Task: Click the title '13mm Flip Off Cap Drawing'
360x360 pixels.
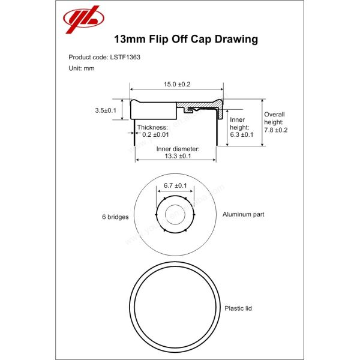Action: (x=185, y=40)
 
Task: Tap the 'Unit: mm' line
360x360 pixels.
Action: (x=82, y=68)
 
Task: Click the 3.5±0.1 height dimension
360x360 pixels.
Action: (x=106, y=110)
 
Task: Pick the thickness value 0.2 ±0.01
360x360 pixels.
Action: (x=155, y=135)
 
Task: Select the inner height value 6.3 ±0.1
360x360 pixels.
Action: (x=242, y=135)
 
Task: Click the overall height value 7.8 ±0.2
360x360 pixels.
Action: (x=276, y=130)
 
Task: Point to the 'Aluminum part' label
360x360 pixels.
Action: (x=243, y=214)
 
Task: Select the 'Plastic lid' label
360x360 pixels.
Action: (x=238, y=308)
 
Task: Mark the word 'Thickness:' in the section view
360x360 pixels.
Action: (x=152, y=127)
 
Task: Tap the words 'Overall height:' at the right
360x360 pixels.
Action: (x=275, y=118)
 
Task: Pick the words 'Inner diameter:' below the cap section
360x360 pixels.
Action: (x=178, y=148)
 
